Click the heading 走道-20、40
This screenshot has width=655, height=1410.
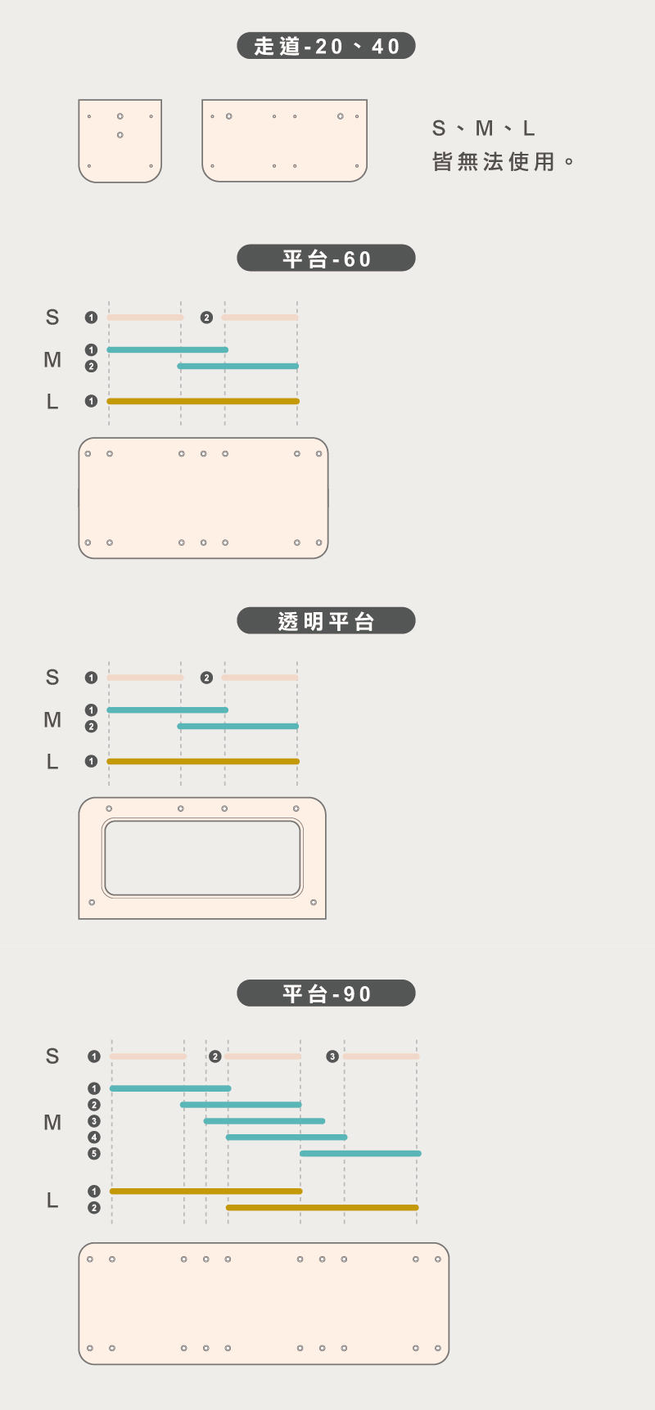click(326, 46)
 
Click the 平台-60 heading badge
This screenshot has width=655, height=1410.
click(326, 259)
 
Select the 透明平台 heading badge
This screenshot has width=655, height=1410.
click(326, 621)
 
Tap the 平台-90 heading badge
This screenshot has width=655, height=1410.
click(326, 993)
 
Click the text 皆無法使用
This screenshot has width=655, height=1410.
click(494, 162)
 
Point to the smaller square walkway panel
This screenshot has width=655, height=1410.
click(120, 141)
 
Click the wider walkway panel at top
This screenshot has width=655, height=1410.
click(284, 141)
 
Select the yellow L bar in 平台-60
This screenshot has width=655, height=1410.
click(203, 401)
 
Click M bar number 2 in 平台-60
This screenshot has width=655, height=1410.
click(237, 366)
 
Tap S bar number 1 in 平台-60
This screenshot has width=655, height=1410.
click(145, 318)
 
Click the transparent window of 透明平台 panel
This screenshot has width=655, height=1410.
click(202, 858)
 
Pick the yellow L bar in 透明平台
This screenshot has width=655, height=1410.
click(203, 761)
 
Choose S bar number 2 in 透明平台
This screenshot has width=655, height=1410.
click(260, 678)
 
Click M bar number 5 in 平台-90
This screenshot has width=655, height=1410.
click(360, 1153)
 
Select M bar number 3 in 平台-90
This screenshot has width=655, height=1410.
click(264, 1121)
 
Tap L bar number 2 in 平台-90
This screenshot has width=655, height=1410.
click(322, 1207)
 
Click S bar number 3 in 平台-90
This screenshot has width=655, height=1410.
click(382, 1056)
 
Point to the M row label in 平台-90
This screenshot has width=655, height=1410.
click(52, 1122)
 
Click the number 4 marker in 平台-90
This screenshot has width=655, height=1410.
click(94, 1137)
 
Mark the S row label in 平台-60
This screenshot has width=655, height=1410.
click(52, 318)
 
